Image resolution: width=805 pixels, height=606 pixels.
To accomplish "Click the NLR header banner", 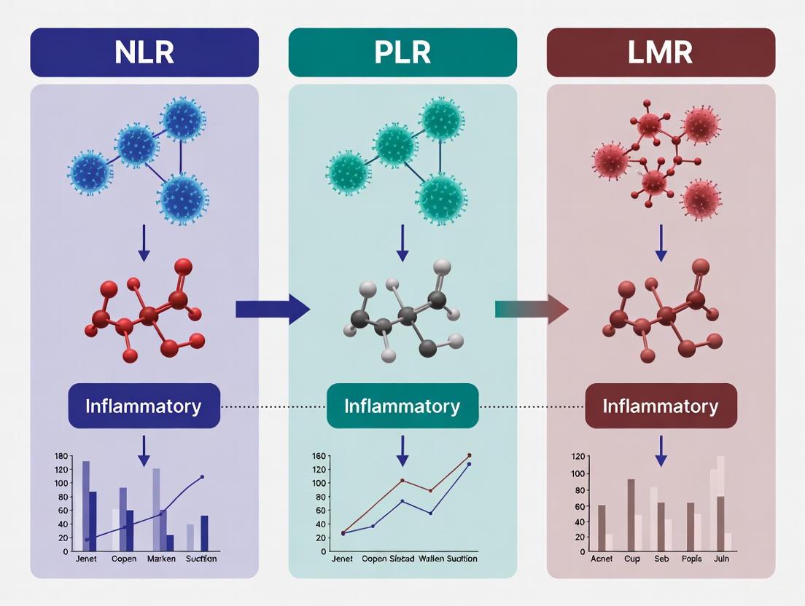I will pyautogui.click(x=144, y=52).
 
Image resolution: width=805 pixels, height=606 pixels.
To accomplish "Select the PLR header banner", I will pyautogui.click(x=402, y=52).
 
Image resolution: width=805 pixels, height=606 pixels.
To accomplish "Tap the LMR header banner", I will pyautogui.click(x=661, y=52).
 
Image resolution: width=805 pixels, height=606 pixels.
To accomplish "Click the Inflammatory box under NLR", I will pyautogui.click(x=144, y=406).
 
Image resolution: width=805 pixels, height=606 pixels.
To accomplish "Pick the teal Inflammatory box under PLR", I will pyautogui.click(x=402, y=406).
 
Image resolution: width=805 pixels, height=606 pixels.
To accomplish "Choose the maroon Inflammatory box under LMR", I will pyautogui.click(x=661, y=406).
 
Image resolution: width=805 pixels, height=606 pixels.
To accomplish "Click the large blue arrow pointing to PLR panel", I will pyautogui.click(x=272, y=310).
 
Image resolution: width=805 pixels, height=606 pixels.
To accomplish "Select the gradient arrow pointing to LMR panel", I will pyautogui.click(x=532, y=310).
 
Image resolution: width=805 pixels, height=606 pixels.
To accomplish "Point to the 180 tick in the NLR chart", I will pyautogui.click(x=61, y=456).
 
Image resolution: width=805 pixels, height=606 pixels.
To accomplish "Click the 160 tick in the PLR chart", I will pyautogui.click(x=318, y=457).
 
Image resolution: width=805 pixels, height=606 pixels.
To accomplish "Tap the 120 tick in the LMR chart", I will pyautogui.click(x=577, y=457).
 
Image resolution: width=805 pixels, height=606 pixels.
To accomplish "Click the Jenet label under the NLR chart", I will pyautogui.click(x=86, y=559).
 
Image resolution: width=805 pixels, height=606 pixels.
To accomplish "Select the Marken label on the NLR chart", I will pyautogui.click(x=161, y=559).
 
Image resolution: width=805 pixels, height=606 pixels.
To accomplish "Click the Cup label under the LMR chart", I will pyautogui.click(x=631, y=559).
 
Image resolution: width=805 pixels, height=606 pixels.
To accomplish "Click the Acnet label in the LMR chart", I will pyautogui.click(x=602, y=559).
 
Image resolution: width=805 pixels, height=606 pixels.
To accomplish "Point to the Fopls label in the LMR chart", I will pyautogui.click(x=691, y=559).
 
